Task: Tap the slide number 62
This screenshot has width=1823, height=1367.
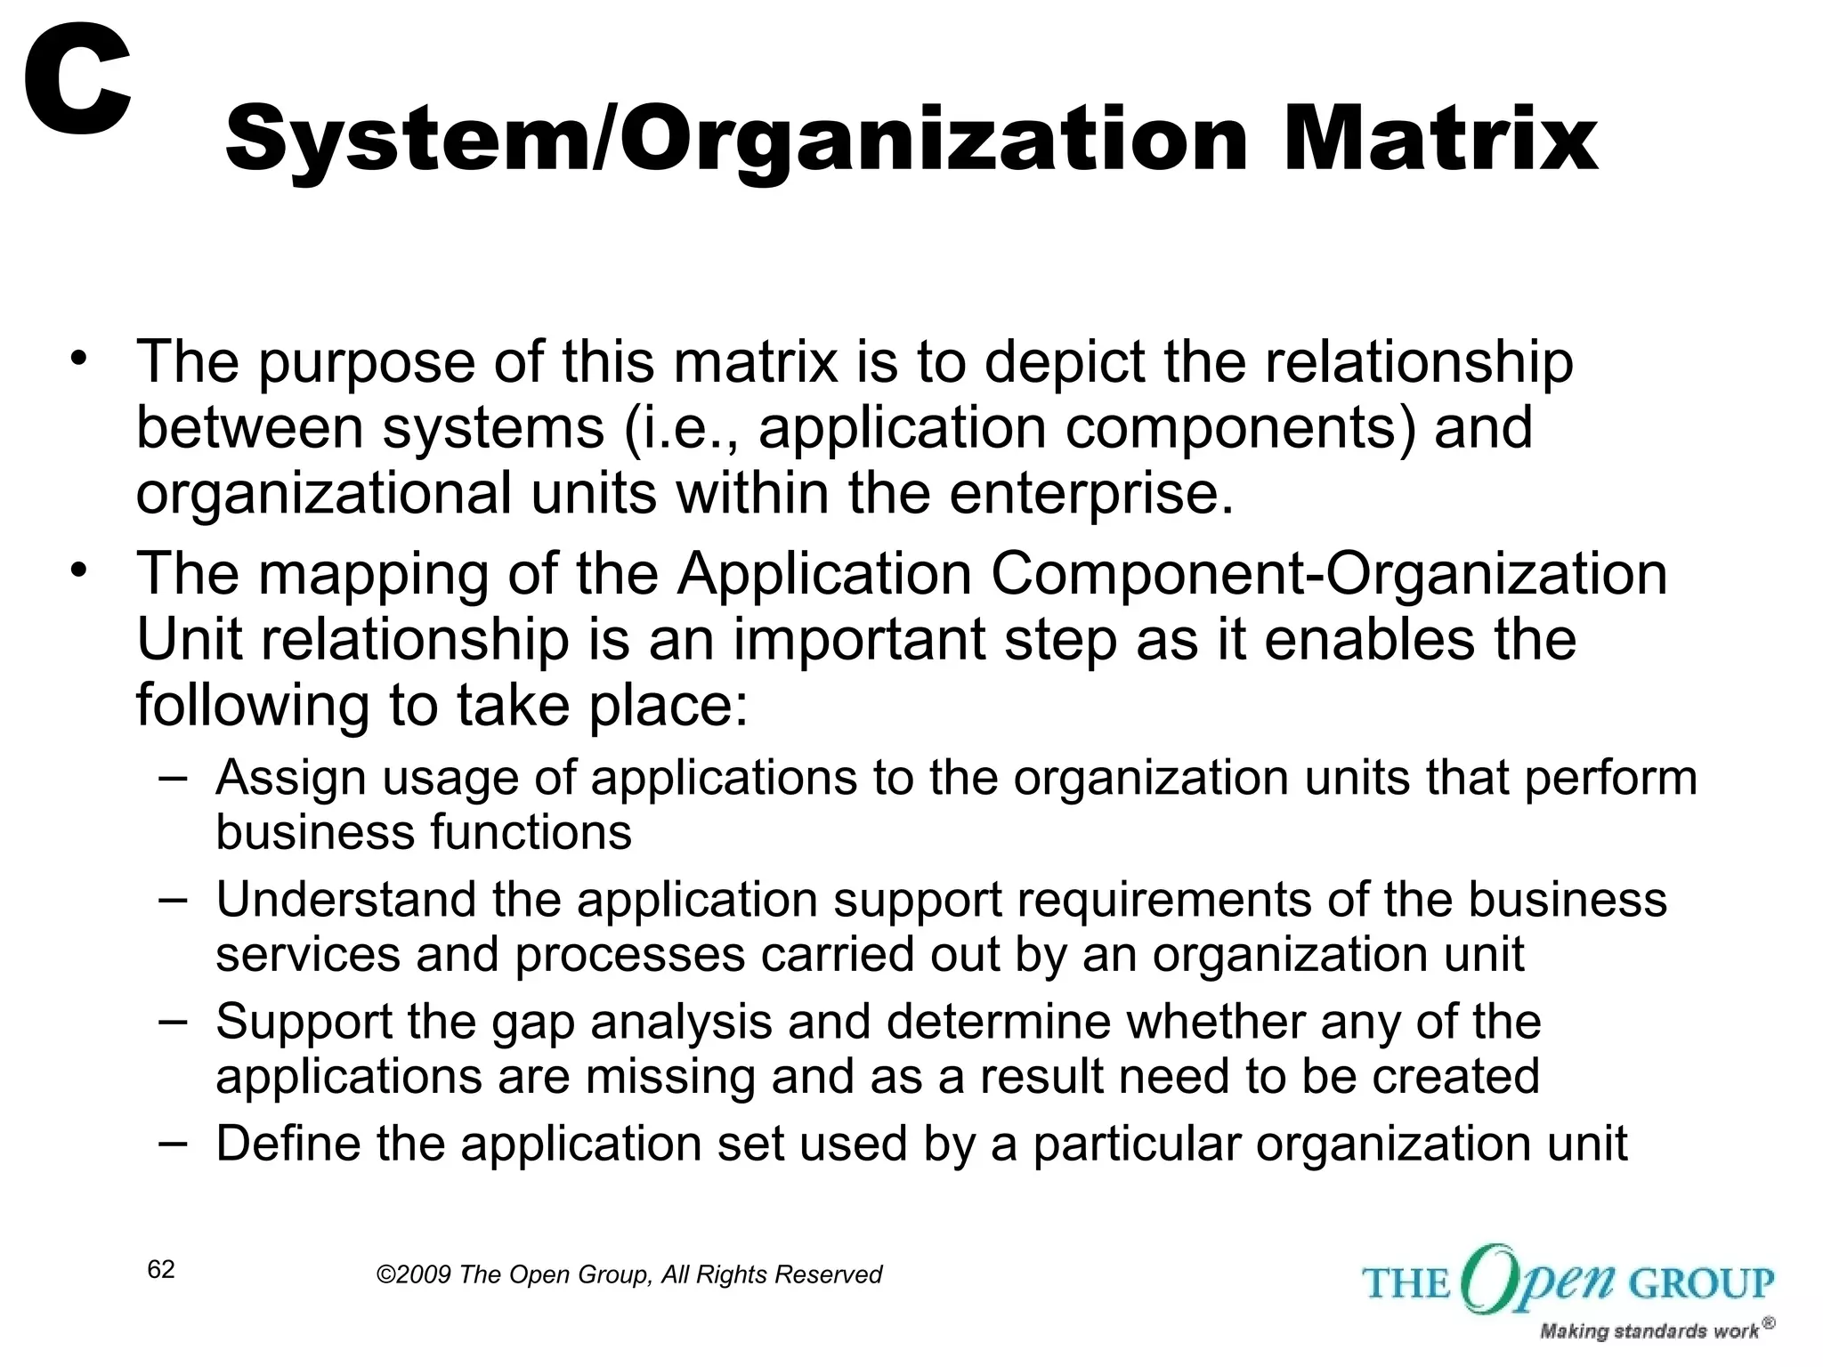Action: (161, 1270)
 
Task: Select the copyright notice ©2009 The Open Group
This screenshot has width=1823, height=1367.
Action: (628, 1274)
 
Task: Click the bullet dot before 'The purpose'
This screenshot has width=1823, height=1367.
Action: (80, 360)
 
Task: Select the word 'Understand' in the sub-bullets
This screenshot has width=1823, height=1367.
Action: (344, 899)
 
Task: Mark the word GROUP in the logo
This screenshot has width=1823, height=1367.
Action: (1701, 1283)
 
